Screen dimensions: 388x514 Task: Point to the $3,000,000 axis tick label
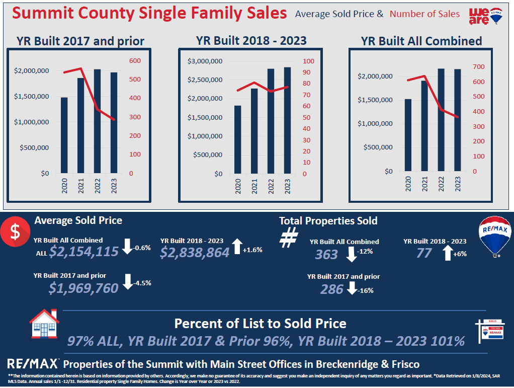[x=205, y=61]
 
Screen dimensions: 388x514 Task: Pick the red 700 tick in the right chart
[x=478, y=66]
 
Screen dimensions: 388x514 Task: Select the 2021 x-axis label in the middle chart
[x=254, y=188]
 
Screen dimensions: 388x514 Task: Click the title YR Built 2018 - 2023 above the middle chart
[x=251, y=40]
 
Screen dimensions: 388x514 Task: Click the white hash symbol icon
[x=288, y=238]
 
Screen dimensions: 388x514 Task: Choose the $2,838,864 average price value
[x=195, y=253]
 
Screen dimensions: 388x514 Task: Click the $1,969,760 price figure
[x=83, y=288]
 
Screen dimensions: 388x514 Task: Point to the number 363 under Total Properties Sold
[x=326, y=255]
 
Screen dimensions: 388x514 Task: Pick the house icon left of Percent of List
[x=44, y=325]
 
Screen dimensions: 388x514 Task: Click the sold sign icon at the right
[x=489, y=330]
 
